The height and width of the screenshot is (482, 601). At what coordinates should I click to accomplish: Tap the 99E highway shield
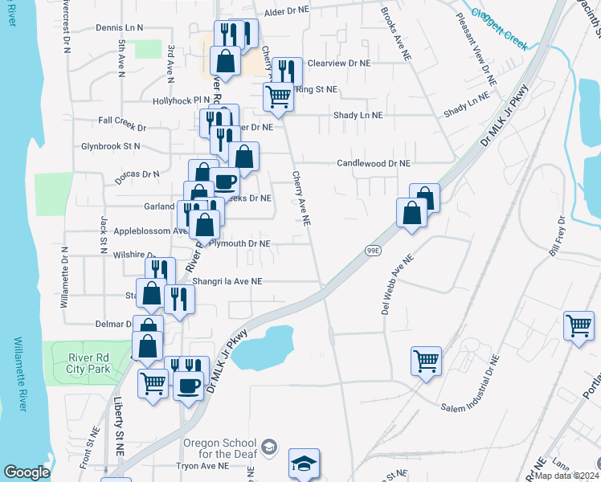(x=374, y=251)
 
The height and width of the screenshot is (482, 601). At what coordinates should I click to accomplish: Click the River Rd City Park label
(x=83, y=364)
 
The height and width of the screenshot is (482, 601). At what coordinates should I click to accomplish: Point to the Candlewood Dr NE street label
(x=372, y=163)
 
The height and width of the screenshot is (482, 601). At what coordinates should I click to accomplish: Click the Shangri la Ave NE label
(x=227, y=282)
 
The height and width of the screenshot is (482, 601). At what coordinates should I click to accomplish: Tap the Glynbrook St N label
(x=110, y=146)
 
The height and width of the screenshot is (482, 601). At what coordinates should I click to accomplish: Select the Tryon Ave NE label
(x=203, y=465)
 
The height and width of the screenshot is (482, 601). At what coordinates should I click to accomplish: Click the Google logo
(x=27, y=472)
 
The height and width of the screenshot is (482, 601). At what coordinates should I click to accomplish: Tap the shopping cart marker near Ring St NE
(x=278, y=97)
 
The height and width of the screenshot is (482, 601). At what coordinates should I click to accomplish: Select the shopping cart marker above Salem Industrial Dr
(x=426, y=361)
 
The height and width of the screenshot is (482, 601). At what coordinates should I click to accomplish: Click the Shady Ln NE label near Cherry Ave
(x=358, y=116)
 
